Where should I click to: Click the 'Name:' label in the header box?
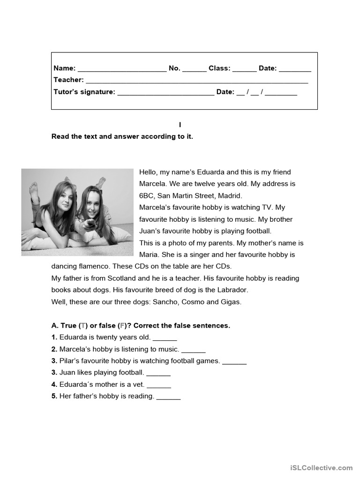(64, 68)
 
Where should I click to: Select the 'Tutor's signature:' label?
(84, 92)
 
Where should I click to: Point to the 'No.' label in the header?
(174, 68)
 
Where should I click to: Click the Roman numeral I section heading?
(180, 125)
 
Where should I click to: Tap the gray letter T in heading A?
(83, 326)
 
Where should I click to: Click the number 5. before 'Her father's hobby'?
(54, 397)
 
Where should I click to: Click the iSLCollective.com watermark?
(321, 468)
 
